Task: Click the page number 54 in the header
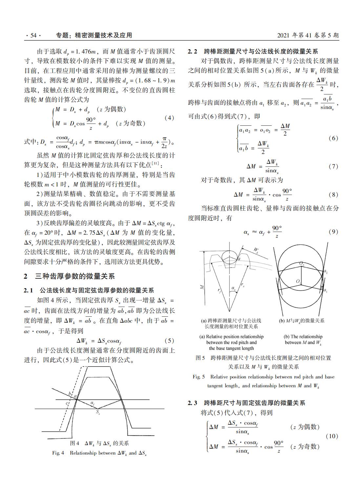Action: [33, 35]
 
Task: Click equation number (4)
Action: [169, 118]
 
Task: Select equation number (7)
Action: [333, 166]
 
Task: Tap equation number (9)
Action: [333, 232]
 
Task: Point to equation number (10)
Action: [332, 436]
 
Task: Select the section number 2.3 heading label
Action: [193, 403]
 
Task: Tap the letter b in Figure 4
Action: [70, 394]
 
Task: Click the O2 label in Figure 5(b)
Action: [302, 264]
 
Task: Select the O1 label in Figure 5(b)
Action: [298, 281]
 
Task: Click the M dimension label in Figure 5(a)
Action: [202, 287]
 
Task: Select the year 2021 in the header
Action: [284, 35]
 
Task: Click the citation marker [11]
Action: [156, 163]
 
